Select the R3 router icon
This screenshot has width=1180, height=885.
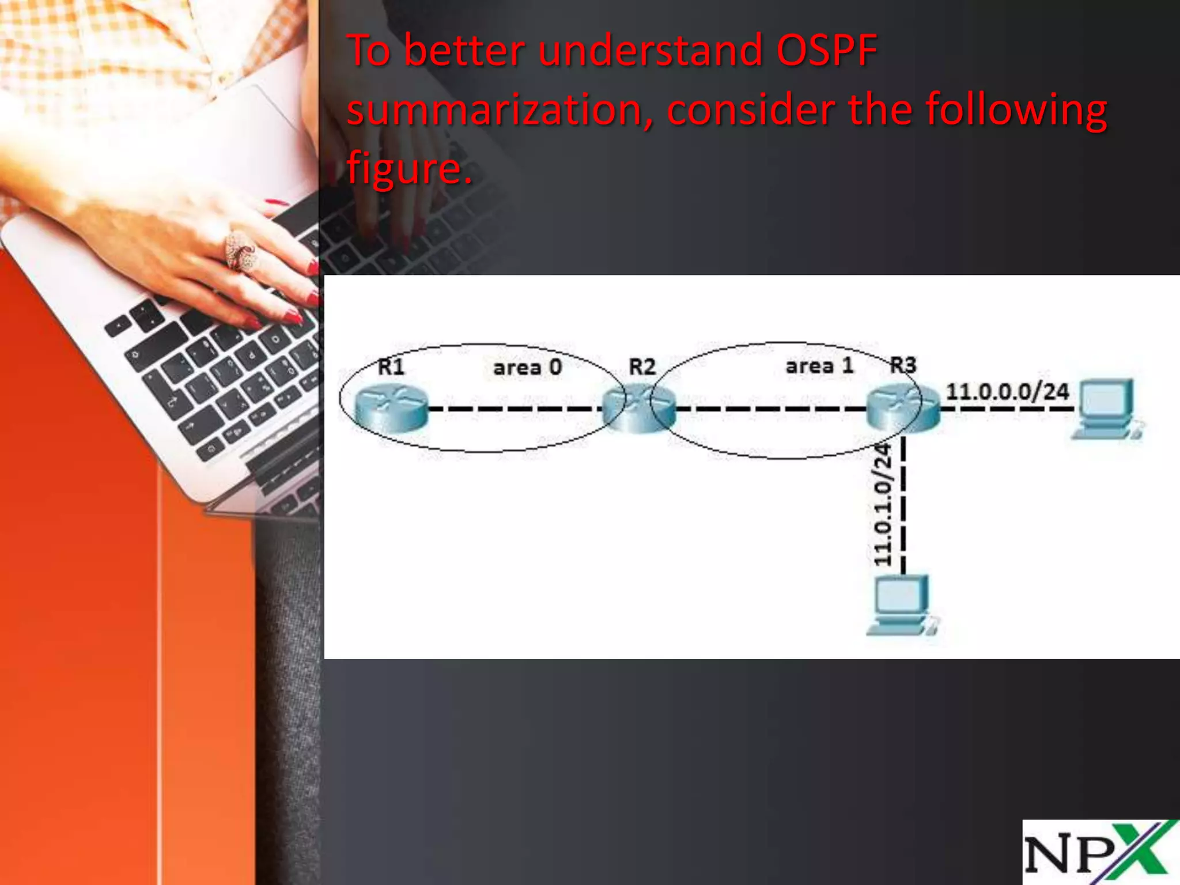point(902,408)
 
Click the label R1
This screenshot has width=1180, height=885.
point(391,366)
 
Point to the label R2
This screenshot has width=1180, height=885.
point(642,366)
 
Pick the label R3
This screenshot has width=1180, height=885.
point(903,365)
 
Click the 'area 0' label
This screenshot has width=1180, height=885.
point(527,368)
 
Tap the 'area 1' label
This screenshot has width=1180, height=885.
point(819,366)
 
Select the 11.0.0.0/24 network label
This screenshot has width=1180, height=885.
point(1007,392)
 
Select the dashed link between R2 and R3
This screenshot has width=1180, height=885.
point(771,409)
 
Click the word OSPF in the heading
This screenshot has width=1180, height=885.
point(826,51)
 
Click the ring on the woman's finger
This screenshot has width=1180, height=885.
point(240,251)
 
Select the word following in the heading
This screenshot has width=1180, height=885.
point(1016,109)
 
